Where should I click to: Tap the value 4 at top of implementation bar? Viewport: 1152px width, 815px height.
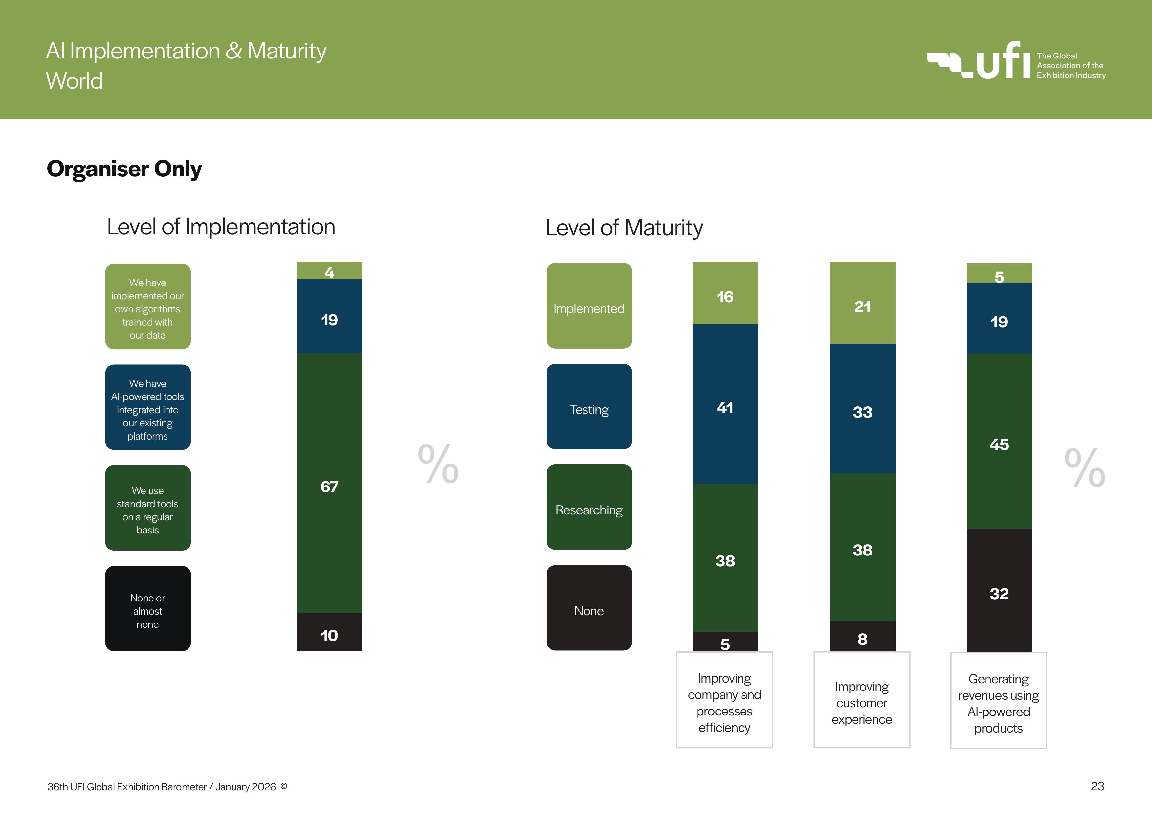[329, 271]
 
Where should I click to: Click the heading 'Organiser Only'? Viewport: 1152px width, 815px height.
[124, 169]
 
